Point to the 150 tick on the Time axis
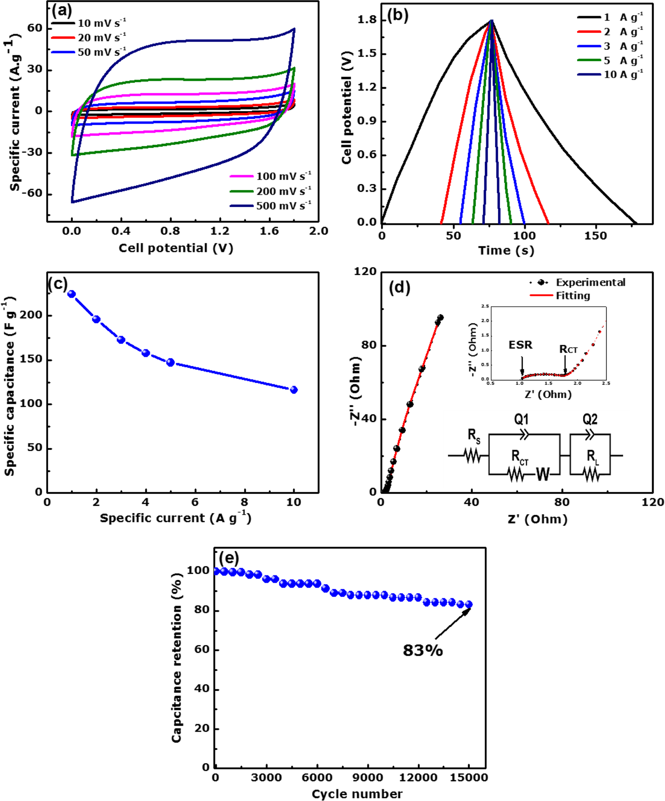tap(595, 236)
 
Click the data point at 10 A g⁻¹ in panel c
tap(294, 390)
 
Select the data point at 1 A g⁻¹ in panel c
tap(72, 294)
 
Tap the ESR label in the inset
tap(520, 345)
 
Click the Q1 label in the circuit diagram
tap(521, 419)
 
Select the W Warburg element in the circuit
tap(543, 475)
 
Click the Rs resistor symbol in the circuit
tap(472, 456)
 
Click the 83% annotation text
tap(423, 650)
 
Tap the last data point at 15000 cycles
tap(469, 604)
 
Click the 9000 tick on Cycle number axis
tap(368, 777)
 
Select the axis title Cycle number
tap(357, 794)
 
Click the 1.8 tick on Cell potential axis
tap(367, 20)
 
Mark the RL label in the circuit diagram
tap(592, 457)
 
